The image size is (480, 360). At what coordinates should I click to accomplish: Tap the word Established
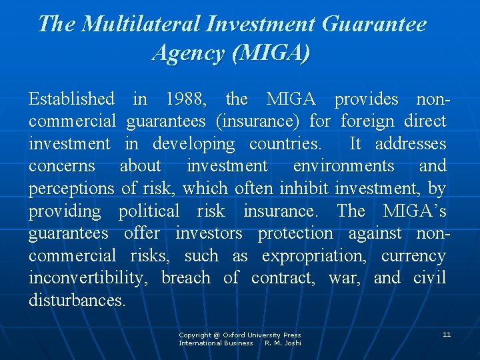click(x=71, y=99)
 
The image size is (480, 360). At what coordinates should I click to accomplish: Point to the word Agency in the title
click(x=189, y=52)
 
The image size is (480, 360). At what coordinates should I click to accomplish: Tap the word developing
click(x=193, y=144)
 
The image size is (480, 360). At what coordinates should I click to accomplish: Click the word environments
click(x=343, y=166)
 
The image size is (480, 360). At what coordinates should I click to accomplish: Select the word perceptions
click(x=71, y=189)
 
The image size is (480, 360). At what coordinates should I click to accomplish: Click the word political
click(x=149, y=211)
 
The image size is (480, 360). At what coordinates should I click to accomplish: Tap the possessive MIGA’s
click(x=414, y=211)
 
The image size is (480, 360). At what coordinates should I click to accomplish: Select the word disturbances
click(x=77, y=300)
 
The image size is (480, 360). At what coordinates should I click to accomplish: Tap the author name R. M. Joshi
click(x=283, y=343)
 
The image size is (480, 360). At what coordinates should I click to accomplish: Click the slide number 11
click(x=447, y=334)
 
